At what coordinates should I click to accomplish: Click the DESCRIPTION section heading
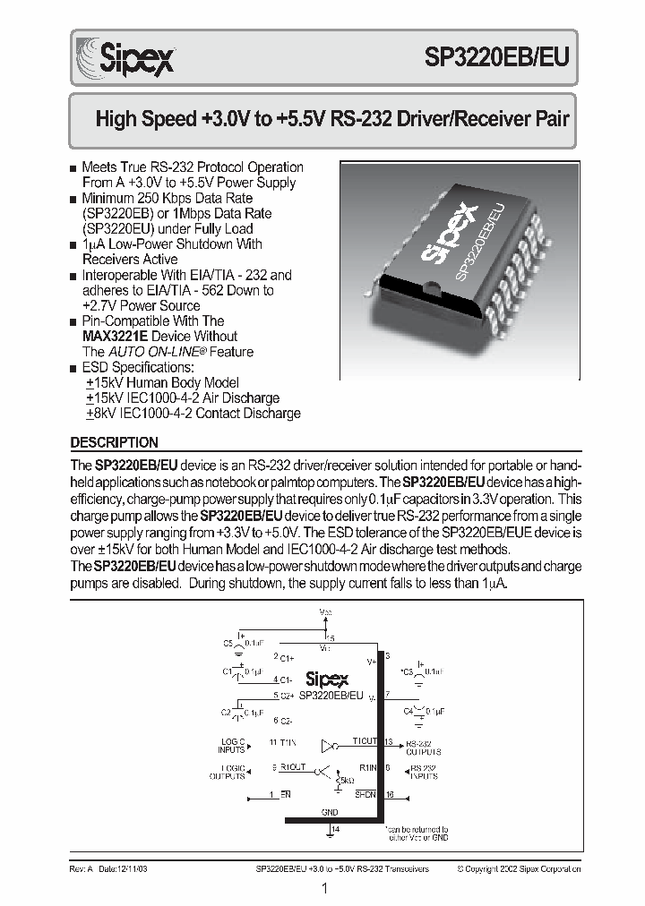pyautogui.click(x=114, y=442)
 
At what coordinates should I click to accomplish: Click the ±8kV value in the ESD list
pyautogui.click(x=99, y=414)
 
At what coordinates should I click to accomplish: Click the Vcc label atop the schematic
pyautogui.click(x=326, y=611)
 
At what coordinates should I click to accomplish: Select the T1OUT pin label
pyautogui.click(x=364, y=742)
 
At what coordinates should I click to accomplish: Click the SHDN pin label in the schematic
pyautogui.click(x=364, y=794)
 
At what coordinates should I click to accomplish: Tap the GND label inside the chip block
pyautogui.click(x=330, y=813)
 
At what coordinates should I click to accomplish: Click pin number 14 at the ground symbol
pyautogui.click(x=335, y=830)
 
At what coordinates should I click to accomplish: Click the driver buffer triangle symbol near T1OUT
pyautogui.click(x=329, y=743)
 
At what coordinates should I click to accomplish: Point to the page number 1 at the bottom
pyautogui.click(x=323, y=889)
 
